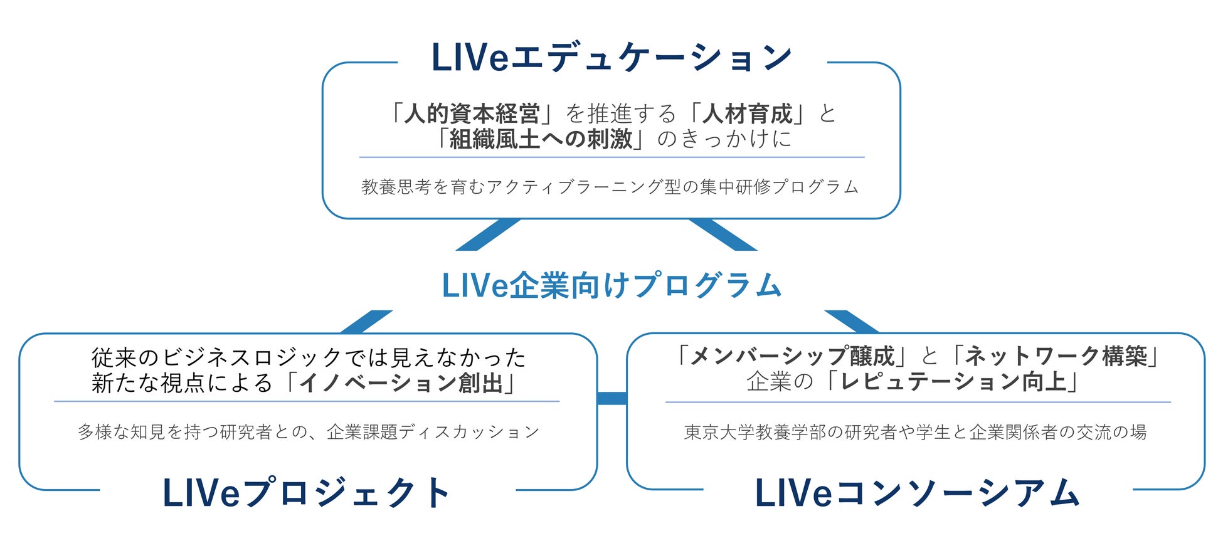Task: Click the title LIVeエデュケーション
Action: (611, 58)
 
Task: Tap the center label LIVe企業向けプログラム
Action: (611, 285)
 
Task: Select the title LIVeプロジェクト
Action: (307, 493)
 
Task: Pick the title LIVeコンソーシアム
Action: (916, 493)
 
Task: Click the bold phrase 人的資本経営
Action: (472, 114)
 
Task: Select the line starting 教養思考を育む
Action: (610, 187)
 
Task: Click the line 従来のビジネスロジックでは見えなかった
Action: (309, 357)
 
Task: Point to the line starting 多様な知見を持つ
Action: (309, 432)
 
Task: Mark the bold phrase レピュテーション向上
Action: (953, 382)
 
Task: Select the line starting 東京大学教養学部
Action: (915, 432)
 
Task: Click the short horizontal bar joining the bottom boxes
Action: (611, 398)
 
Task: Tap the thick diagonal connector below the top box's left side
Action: (488, 235)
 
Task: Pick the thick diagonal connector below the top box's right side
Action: (723, 235)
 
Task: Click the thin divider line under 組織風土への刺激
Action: (611, 157)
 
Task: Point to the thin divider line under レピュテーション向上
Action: (918, 402)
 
